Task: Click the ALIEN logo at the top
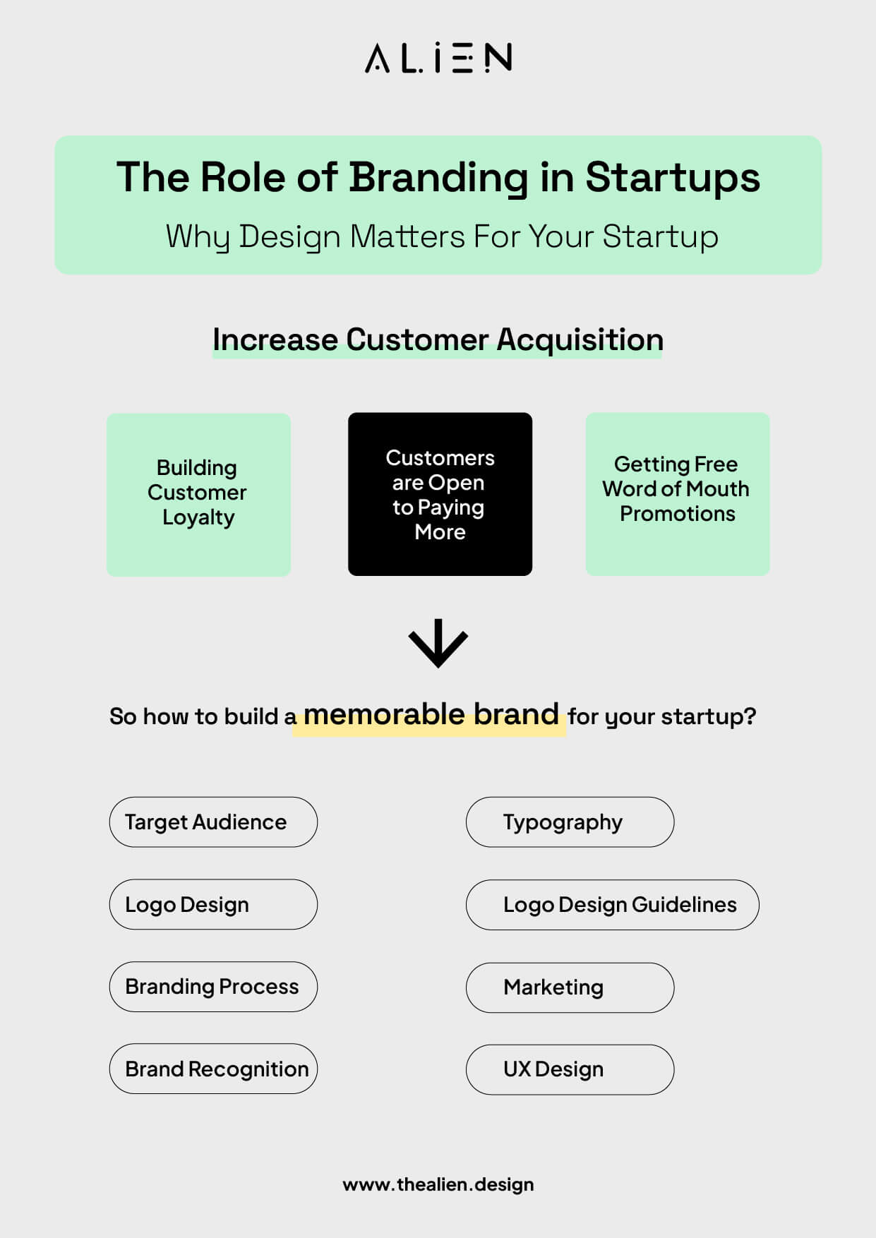coord(438,58)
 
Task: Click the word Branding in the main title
coord(438,177)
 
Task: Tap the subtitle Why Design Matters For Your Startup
coord(442,236)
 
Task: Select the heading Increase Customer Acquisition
coord(438,340)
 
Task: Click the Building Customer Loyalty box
coord(198,494)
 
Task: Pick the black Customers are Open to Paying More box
coord(440,494)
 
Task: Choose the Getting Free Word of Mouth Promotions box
coord(677,494)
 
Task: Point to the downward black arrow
coord(438,642)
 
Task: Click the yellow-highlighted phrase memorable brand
coord(431,715)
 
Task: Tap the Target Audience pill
coord(213,822)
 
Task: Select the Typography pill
coord(570,822)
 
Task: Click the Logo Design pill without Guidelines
coord(213,905)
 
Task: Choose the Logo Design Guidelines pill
coord(612,905)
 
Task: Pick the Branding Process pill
coord(213,987)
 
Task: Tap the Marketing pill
coord(570,987)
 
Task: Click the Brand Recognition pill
coord(213,1069)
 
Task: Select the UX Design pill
coord(570,1070)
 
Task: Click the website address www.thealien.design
coord(438,1184)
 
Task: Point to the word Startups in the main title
coord(672,177)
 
